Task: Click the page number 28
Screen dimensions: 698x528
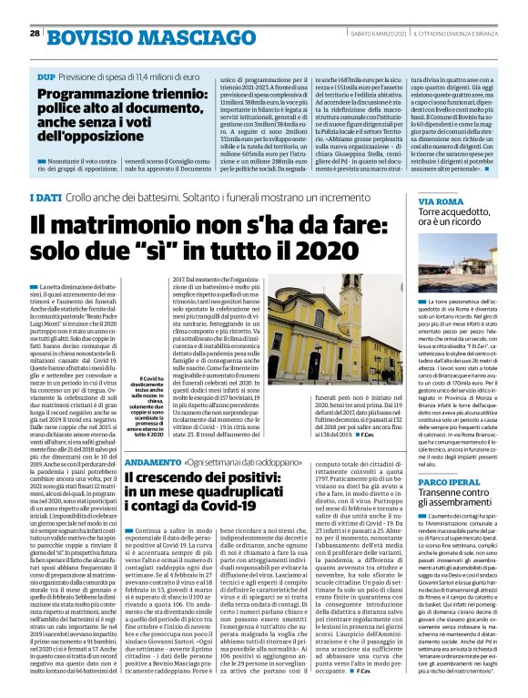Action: tap(35, 33)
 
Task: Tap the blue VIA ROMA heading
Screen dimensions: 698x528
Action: tap(442, 200)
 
